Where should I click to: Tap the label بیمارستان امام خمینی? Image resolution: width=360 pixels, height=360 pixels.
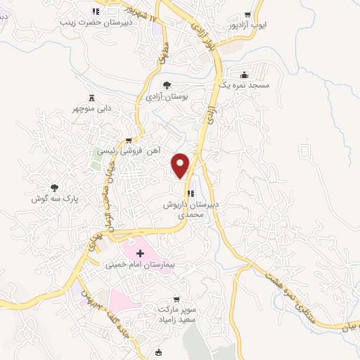[138, 266]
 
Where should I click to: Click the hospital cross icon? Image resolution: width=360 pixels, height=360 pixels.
[139, 252]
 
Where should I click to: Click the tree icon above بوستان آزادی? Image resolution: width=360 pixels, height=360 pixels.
[165, 85]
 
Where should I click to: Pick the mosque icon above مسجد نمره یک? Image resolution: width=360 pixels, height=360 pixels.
[244, 74]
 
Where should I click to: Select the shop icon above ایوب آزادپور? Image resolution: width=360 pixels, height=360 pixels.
[246, 15]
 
